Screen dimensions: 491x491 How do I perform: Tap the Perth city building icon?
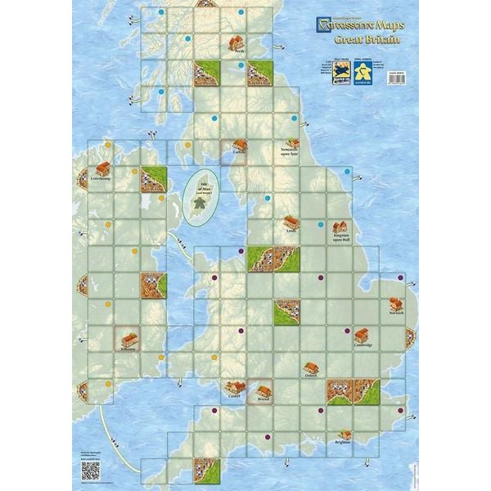tap(236, 42)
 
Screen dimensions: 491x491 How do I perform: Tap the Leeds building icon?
tap(291, 222)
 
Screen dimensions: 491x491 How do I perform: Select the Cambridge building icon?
tap(361, 335)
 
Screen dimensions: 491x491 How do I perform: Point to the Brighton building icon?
tap(347, 435)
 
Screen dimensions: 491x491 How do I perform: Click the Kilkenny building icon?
tap(128, 337)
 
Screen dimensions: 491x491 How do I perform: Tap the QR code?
tap(90, 470)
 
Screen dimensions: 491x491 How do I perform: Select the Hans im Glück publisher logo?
tap(339, 68)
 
